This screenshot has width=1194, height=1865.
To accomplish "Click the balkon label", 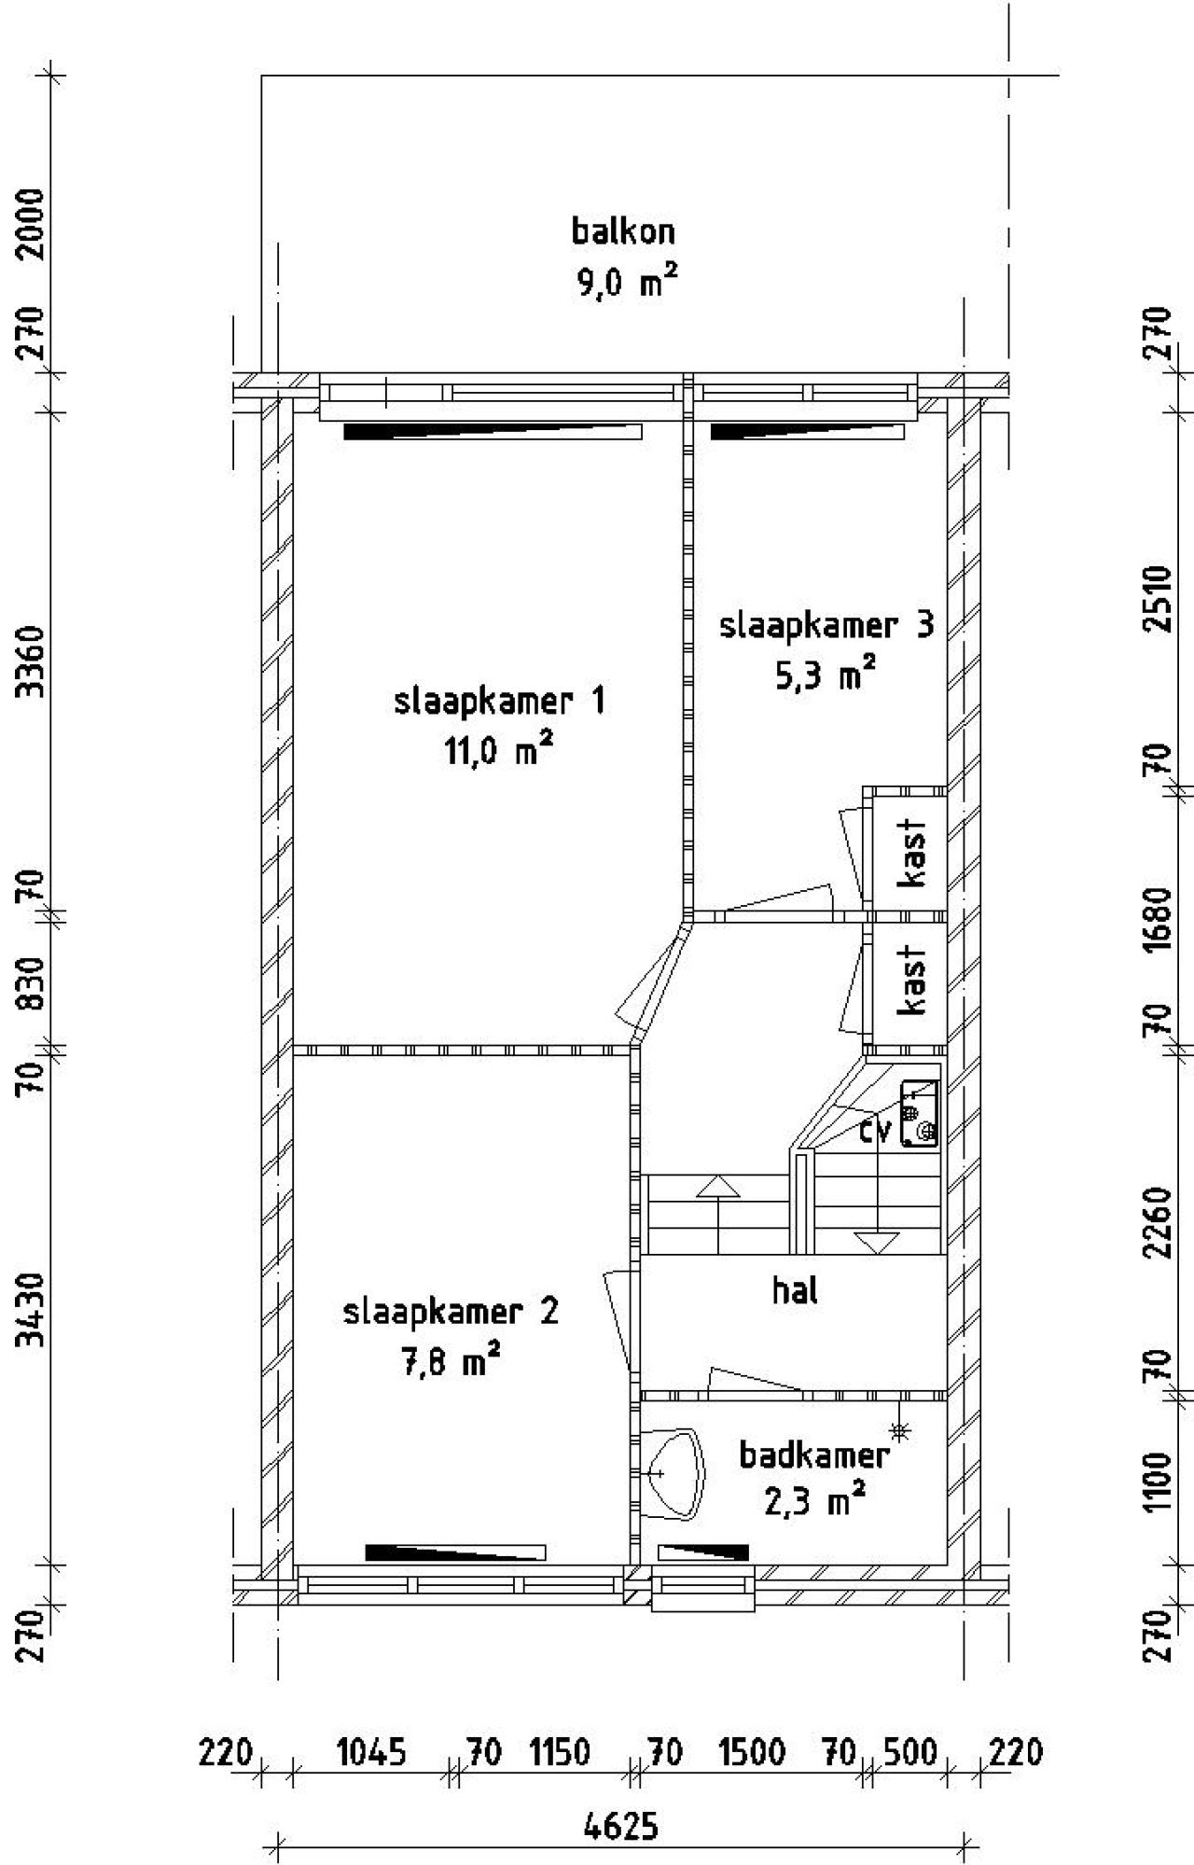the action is click(x=623, y=230).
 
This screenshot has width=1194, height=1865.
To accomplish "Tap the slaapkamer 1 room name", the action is click(x=500, y=702).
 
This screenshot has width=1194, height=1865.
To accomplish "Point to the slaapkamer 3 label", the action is click(x=826, y=625).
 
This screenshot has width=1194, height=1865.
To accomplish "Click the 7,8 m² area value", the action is click(x=448, y=1362).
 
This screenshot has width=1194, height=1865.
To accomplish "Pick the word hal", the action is click(x=795, y=1290).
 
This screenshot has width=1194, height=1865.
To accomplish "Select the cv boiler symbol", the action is click(x=919, y=1113).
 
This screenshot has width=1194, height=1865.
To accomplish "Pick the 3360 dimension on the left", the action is click(x=33, y=661).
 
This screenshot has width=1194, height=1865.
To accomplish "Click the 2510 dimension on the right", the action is click(x=1157, y=598).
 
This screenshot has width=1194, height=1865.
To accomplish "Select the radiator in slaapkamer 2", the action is click(x=455, y=1552).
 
